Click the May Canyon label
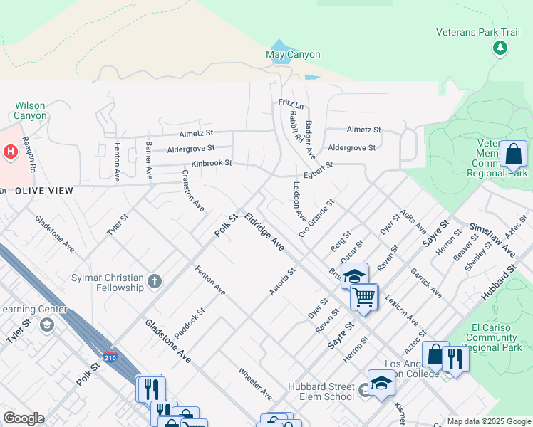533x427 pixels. (x=293, y=55)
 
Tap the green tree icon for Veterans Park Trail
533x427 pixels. (x=500, y=48)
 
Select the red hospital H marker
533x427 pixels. (x=10, y=152)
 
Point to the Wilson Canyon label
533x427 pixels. (x=30, y=110)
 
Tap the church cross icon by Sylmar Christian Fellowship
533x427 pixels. (x=155, y=282)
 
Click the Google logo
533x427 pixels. (x=24, y=418)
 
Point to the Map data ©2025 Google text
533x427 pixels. (x=488, y=421)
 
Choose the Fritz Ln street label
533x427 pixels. (x=291, y=105)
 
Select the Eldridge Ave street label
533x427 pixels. (x=264, y=231)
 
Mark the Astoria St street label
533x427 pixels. (x=282, y=282)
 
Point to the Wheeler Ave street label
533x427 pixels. (x=255, y=384)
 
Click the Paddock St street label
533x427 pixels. (x=190, y=322)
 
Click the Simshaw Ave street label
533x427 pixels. (x=492, y=240)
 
